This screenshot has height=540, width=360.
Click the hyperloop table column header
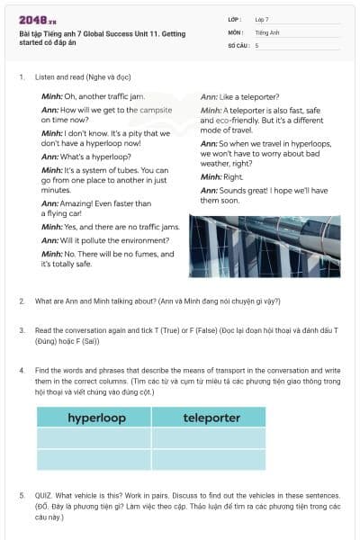click(94, 418)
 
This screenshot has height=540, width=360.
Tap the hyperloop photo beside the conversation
click(263, 246)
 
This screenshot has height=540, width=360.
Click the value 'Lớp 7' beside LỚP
click(262, 19)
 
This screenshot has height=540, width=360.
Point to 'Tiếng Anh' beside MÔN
click(265, 31)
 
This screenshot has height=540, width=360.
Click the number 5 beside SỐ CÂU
click(256, 44)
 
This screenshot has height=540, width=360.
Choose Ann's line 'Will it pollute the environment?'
click(108, 240)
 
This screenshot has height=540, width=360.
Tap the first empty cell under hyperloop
click(94, 437)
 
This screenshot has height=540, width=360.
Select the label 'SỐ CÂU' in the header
click(236, 44)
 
